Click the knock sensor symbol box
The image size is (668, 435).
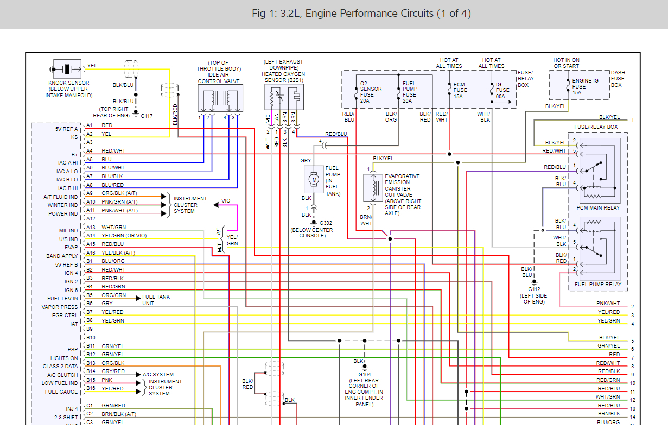coord(67,69)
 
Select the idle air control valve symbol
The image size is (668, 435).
coord(220,98)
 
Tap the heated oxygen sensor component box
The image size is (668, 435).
coord(284,97)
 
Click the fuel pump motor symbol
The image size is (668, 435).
coord(314,180)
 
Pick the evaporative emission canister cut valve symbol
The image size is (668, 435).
coord(373,188)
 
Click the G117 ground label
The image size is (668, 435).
coord(147,116)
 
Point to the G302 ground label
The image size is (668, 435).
coord(326,223)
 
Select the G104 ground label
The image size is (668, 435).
coord(365,374)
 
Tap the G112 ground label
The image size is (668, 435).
coord(534,289)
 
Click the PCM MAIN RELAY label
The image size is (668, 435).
coord(598,207)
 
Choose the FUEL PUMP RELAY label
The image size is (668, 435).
coord(598,285)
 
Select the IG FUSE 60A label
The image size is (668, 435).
coord(502,90)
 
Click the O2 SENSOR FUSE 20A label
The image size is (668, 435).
coord(371,92)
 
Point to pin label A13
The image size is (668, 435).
coord(91,228)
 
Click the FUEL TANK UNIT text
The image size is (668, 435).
coord(156,300)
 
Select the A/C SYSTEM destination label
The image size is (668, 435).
coord(158,374)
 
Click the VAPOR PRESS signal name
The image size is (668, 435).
coord(60,307)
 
